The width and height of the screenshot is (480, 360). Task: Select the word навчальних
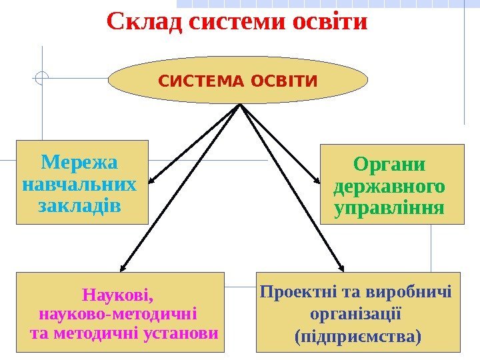pyautogui.click(x=79, y=183)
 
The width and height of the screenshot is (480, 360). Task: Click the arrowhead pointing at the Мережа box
pyautogui.click(x=152, y=180)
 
